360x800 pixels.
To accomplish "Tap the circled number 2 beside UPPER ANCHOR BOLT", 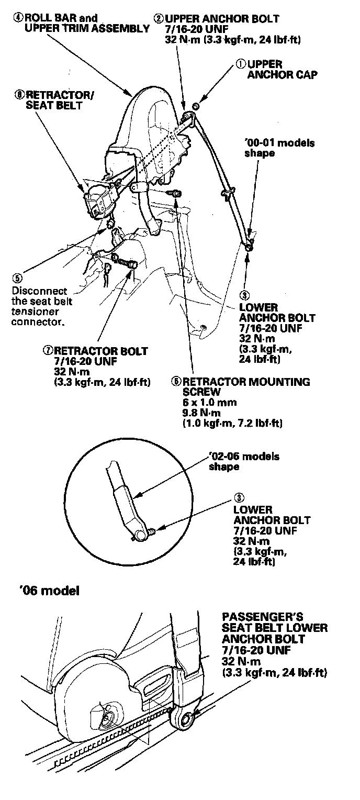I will coord(157,19).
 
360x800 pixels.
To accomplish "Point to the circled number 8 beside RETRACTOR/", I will coord(20,95).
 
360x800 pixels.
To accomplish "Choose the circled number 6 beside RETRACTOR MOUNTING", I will coord(176,382).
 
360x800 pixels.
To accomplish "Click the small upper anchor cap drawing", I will coord(195,107).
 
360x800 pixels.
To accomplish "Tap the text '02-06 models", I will coord(244,457).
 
